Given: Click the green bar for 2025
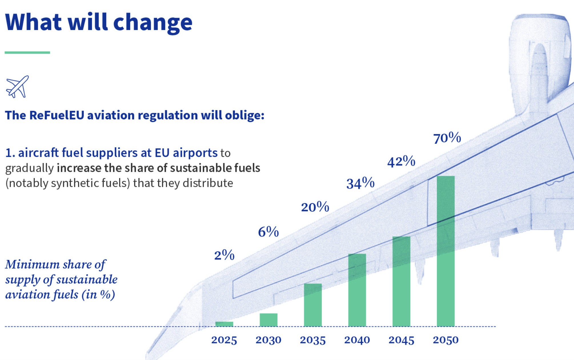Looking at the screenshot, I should (x=224, y=324).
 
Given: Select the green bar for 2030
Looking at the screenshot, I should (x=268, y=320).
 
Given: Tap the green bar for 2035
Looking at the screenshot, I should (x=313, y=305).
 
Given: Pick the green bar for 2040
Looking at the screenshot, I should (x=357, y=290).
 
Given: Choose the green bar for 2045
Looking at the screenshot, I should (x=401, y=281).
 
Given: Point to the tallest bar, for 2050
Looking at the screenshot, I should (x=445, y=251).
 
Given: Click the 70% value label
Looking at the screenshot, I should (x=447, y=138).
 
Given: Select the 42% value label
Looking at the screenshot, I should (x=401, y=161).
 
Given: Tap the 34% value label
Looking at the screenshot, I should (x=360, y=183).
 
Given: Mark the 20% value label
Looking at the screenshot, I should (x=315, y=207).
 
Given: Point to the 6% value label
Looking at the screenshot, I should (x=268, y=232).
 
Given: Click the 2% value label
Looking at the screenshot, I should (x=224, y=255).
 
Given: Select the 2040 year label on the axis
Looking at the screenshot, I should (x=357, y=340).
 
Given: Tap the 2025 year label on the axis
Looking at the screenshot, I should (x=224, y=340).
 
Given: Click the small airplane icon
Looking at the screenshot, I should (x=17, y=87).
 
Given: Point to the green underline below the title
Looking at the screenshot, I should (x=27, y=53).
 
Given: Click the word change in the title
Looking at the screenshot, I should (x=153, y=23).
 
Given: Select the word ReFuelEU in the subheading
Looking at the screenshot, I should (x=57, y=115).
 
